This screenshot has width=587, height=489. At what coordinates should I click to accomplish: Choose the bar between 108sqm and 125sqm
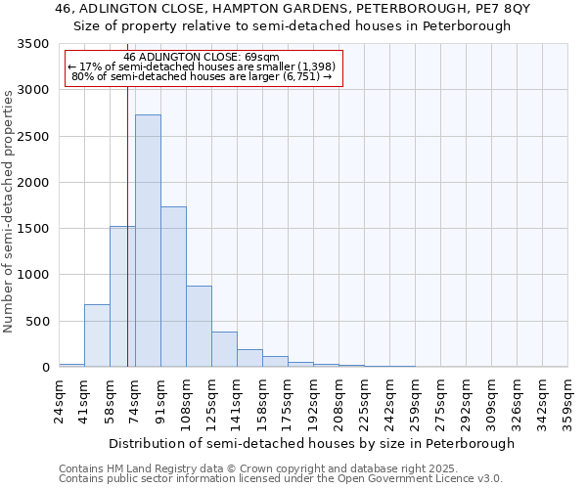pos(199,327)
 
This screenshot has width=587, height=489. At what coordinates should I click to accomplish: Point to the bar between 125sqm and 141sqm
pos(224,349)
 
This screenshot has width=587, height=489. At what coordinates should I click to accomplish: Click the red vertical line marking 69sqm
pos(127,196)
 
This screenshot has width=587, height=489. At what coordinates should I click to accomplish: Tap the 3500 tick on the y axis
pos(34,45)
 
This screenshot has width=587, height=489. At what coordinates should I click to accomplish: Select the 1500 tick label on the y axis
pos(34,229)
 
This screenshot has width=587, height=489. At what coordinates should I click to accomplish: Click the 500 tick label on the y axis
pos(38,322)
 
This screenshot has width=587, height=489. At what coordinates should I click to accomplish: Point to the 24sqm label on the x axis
pos(59,401)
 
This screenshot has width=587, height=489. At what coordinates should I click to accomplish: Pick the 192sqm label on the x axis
pos(313,401)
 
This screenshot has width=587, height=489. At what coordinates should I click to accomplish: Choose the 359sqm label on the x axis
pos(567,401)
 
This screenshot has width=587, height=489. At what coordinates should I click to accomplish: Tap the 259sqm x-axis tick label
pos(415,401)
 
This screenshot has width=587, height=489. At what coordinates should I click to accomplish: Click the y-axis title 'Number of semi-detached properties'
pos(10,210)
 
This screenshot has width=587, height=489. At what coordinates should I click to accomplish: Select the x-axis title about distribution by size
pos(311,443)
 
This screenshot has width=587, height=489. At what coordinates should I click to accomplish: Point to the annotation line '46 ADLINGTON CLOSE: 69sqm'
pos(203,58)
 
